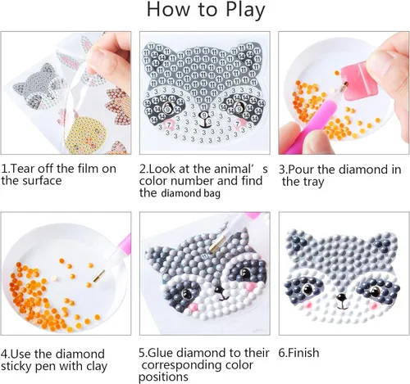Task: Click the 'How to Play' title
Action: (205, 11)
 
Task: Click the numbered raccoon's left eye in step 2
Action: (170, 107)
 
